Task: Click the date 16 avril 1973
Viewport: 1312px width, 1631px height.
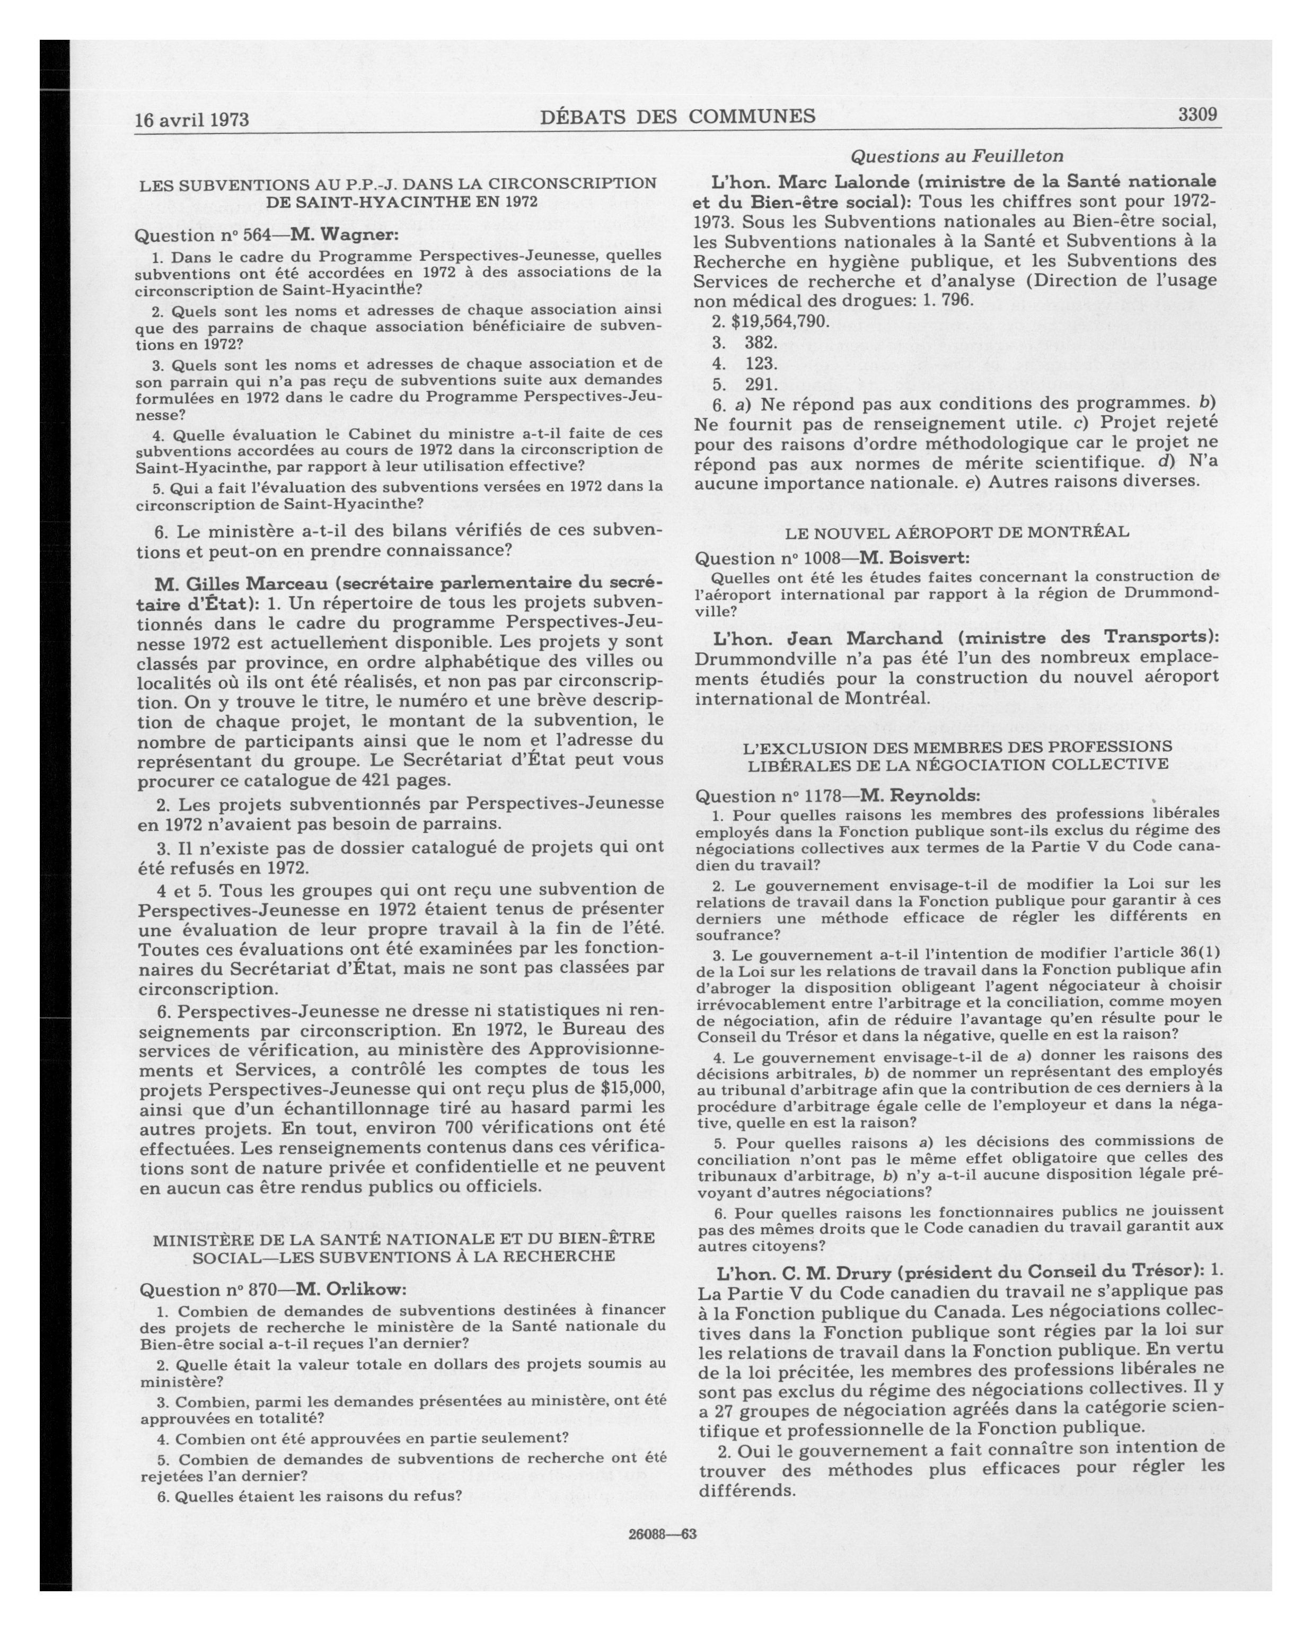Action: click(x=191, y=119)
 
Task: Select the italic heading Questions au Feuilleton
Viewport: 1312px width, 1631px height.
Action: click(x=957, y=156)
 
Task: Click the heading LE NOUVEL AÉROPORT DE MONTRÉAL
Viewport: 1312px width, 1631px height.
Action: click(x=957, y=532)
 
